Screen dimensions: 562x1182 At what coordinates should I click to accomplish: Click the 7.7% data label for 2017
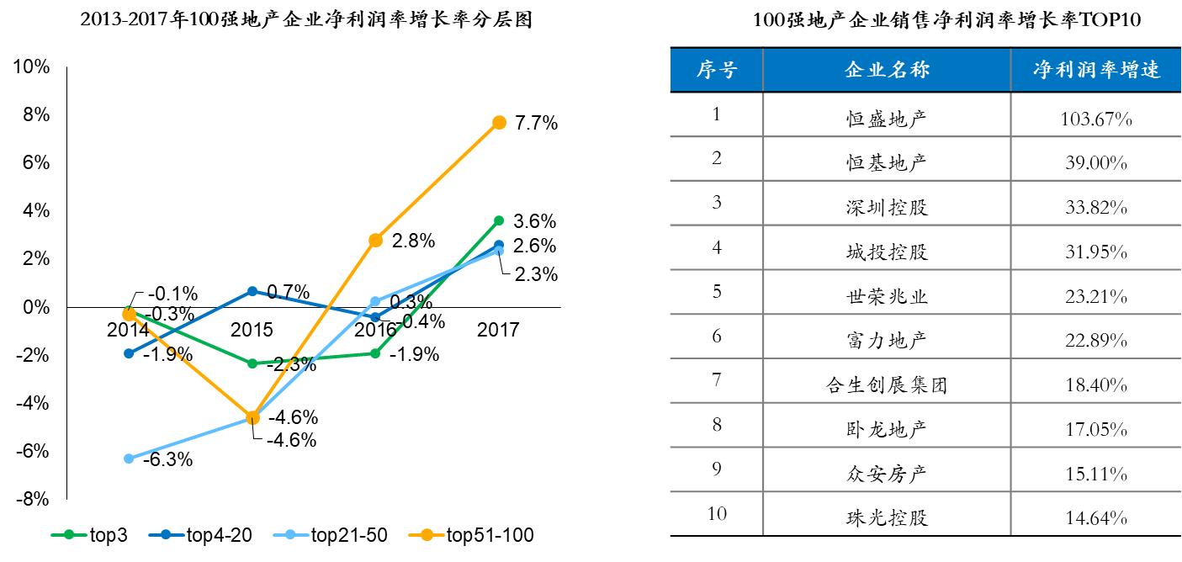(537, 124)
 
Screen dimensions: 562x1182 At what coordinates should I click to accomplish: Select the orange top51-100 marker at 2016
(375, 241)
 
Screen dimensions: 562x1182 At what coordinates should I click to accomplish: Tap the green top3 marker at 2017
(499, 220)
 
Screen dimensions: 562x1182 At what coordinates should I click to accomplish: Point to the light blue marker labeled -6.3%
(129, 459)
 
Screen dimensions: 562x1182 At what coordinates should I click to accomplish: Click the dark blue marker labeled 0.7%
(252, 291)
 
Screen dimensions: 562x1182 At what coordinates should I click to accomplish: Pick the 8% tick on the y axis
(34, 114)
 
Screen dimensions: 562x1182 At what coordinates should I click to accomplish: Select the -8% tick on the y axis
(34, 499)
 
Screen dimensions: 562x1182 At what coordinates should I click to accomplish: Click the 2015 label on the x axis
(252, 330)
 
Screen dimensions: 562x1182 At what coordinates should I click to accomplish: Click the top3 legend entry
(89, 535)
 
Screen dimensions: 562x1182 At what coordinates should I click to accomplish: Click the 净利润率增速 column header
(1096, 70)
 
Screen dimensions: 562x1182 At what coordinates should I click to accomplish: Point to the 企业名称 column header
(887, 70)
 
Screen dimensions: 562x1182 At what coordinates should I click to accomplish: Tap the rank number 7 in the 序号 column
(717, 380)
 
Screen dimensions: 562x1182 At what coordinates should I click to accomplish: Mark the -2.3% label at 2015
(291, 365)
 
